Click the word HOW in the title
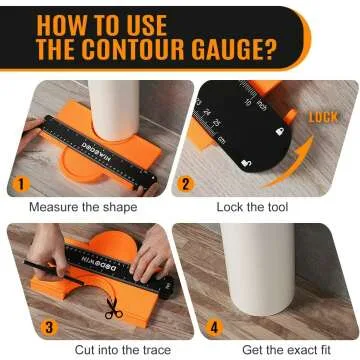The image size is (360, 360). [67, 22]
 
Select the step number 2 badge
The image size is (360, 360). [187, 186]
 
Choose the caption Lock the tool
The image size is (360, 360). [254, 207]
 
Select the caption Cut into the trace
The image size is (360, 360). [86, 349]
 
